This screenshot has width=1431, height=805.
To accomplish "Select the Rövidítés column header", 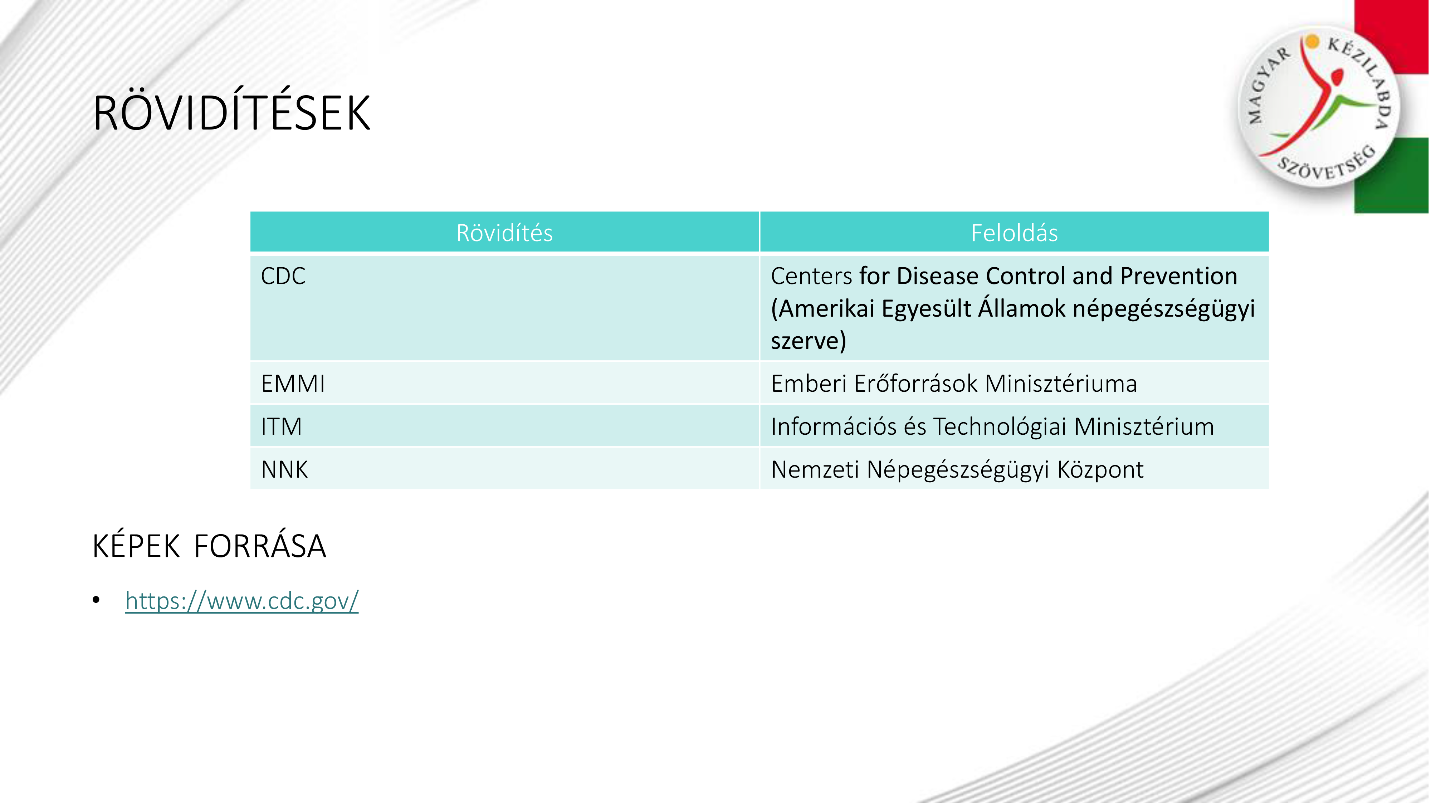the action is click(504, 232).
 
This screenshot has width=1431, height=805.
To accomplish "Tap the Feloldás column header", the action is click(1014, 232).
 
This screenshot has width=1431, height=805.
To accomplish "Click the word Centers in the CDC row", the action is click(811, 276).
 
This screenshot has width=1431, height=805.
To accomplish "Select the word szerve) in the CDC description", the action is click(808, 341).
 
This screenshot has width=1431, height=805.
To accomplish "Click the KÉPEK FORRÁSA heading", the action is click(209, 546).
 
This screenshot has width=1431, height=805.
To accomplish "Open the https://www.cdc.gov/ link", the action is click(241, 601).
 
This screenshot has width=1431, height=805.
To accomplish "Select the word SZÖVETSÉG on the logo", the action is click(1327, 164).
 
